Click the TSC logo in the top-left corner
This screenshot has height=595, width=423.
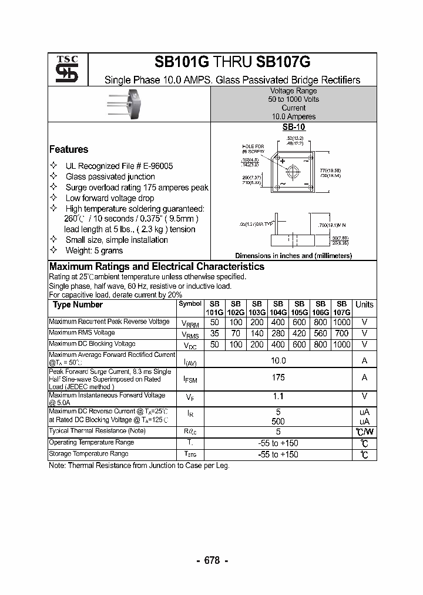click(x=63, y=69)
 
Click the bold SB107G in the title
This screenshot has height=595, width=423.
click(x=283, y=62)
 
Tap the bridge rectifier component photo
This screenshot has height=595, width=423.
click(x=127, y=103)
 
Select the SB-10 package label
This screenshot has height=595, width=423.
click(x=293, y=126)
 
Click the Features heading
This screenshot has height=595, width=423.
click(x=69, y=149)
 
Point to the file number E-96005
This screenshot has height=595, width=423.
click(x=152, y=166)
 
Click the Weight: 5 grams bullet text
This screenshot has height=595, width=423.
click(x=94, y=250)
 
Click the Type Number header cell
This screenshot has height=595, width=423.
click(x=78, y=305)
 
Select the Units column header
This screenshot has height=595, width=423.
click(x=364, y=305)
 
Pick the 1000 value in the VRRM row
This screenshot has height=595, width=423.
click(x=341, y=322)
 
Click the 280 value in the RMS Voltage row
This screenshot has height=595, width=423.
click(x=278, y=333)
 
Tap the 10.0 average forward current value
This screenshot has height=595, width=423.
click(x=278, y=360)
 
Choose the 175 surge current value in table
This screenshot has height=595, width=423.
click(x=278, y=378)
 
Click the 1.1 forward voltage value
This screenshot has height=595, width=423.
click(x=278, y=397)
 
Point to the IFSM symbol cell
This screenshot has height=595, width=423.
click(x=190, y=379)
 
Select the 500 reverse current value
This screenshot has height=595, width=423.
click(x=278, y=421)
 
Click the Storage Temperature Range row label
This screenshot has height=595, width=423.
click(x=88, y=454)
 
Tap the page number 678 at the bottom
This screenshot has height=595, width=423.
click(x=211, y=560)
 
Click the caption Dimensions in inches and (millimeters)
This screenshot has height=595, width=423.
click(x=293, y=256)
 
